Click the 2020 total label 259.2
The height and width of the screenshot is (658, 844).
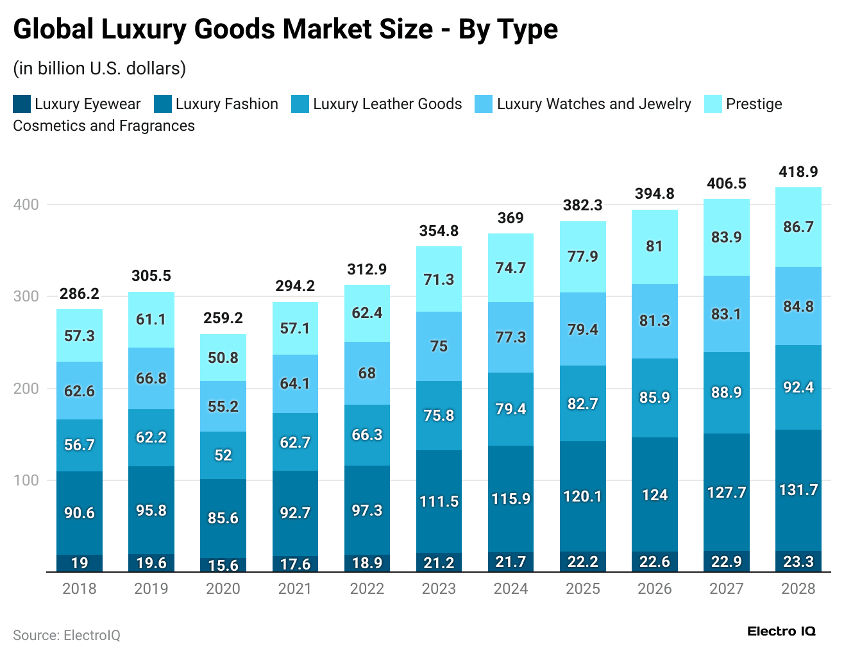point(223,318)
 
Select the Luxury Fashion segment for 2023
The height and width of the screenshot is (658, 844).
point(439,501)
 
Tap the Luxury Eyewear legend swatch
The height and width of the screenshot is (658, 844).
point(22,104)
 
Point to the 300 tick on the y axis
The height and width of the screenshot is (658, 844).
point(26,296)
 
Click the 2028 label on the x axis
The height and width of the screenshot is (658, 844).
point(798,589)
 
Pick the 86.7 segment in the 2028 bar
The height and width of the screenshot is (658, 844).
point(798,227)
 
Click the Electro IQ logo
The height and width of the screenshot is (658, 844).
point(781,632)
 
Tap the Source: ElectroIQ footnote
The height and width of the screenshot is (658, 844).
point(67,635)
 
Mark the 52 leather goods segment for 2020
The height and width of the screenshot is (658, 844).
point(223,455)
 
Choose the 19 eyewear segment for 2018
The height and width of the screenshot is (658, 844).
point(80,563)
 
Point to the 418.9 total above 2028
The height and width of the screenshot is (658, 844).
point(798,172)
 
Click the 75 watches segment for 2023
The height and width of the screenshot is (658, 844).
point(439,346)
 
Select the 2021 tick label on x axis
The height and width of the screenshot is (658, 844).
point(295,589)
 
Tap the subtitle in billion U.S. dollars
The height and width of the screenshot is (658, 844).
point(99,68)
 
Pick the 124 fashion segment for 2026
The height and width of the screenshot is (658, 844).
point(654,495)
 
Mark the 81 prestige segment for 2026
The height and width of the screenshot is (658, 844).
point(654,246)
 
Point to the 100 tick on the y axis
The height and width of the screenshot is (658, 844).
point(26,480)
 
